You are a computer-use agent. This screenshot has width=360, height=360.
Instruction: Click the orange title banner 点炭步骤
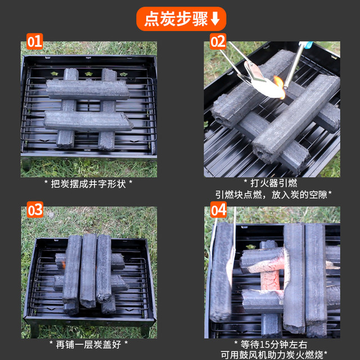[181, 19]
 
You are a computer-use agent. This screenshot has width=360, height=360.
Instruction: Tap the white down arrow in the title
[215, 19]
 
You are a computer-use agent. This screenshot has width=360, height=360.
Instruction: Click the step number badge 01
[35, 41]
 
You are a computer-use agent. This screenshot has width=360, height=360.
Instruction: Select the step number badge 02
[218, 41]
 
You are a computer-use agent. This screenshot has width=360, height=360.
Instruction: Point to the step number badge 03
[35, 209]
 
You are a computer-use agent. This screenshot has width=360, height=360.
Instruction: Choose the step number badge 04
[218, 209]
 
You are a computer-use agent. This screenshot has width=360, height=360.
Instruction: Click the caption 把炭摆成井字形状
[88, 184]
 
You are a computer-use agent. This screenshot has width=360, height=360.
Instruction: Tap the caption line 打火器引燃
[274, 183]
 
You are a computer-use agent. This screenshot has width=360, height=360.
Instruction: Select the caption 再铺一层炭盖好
[88, 345]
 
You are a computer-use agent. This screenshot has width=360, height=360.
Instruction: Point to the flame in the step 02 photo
[280, 86]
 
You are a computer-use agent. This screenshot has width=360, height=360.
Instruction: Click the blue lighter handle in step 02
[306, 44]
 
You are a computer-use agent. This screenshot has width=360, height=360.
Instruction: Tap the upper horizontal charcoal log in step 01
[88, 89]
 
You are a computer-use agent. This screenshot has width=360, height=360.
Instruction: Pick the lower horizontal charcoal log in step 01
[88, 121]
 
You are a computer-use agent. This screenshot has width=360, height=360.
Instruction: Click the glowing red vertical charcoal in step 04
[270, 279]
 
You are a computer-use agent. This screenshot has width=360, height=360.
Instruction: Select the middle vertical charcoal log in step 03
[88, 271]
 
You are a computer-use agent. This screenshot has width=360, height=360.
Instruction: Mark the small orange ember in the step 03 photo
[63, 264]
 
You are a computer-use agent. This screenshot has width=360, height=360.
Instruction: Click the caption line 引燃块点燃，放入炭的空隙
[273, 195]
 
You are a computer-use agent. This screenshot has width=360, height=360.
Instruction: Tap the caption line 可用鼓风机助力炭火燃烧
[274, 355]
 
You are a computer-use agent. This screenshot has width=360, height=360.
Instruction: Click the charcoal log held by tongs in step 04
[222, 272]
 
